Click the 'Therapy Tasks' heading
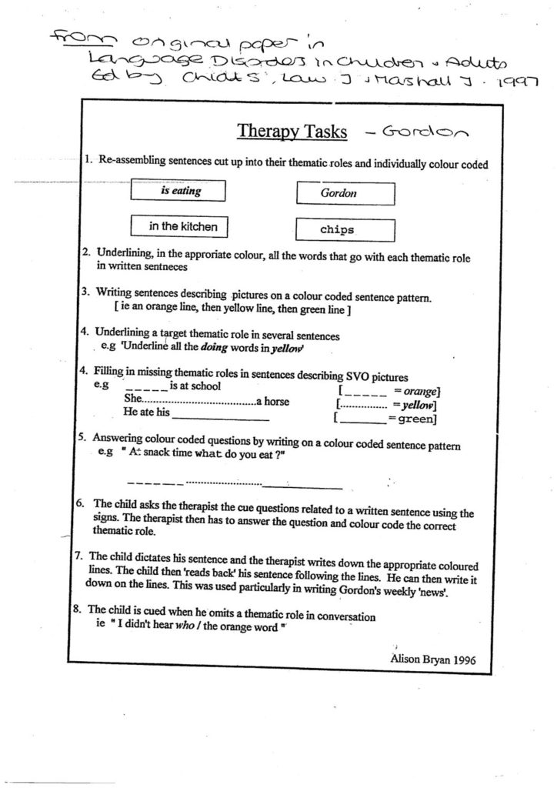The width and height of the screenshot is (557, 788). [x=292, y=132]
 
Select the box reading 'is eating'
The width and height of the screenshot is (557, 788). [x=178, y=192]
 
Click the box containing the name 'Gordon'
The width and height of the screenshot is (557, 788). [x=345, y=193]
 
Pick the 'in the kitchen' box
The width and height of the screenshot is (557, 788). [x=183, y=226]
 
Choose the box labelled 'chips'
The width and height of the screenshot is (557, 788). [x=345, y=229]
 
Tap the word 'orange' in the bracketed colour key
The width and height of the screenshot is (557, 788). [x=421, y=392]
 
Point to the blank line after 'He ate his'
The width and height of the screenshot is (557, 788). [x=221, y=419]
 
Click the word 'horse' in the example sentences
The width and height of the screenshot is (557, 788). [x=276, y=401]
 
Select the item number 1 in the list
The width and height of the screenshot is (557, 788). [x=88, y=160]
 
